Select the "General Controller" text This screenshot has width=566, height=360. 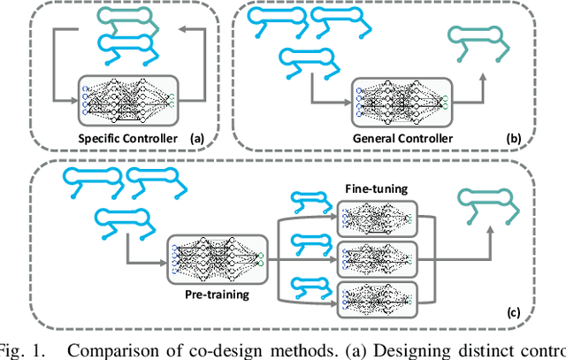[403, 139]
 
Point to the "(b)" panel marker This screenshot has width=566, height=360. [513, 139]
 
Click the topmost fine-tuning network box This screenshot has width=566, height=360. [377, 218]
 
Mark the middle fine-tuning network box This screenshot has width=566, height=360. [377, 257]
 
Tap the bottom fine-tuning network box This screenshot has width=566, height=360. [377, 299]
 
